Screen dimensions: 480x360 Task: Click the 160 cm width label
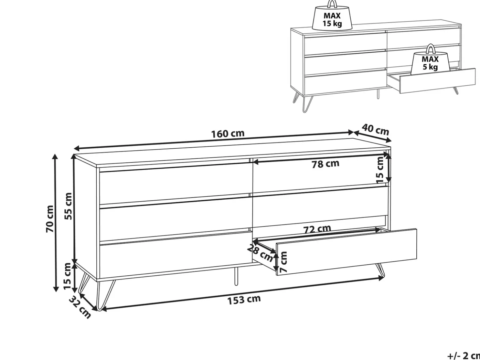228,134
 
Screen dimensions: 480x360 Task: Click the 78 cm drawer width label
326,164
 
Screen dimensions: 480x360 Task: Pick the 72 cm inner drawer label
317,229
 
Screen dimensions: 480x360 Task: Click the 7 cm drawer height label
283,262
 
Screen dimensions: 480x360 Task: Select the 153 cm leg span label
244,300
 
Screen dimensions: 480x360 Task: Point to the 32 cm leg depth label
80,308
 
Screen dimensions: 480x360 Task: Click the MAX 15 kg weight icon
332,15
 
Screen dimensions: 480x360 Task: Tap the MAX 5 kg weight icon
430,59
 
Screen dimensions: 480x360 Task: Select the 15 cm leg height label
68,276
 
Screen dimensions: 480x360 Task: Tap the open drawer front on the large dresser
346,252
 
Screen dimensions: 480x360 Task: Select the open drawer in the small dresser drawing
431,81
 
